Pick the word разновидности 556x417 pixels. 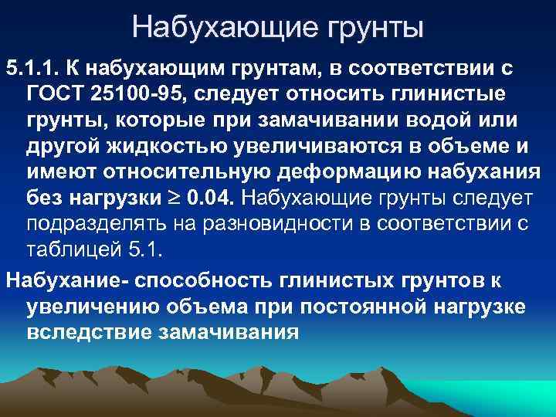click(x=267, y=225)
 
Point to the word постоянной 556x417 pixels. click(x=371, y=306)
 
